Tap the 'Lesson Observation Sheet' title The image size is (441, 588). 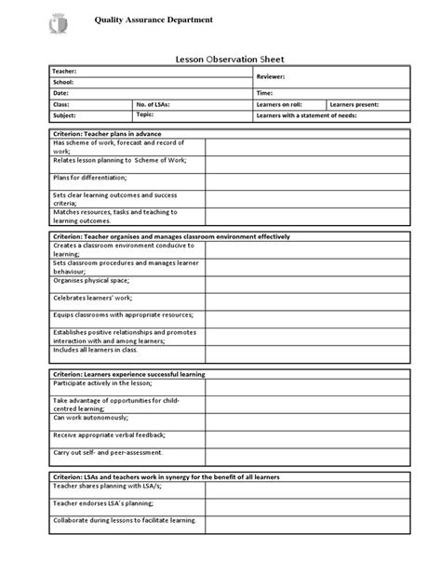coord(220,58)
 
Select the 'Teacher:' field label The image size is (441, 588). coord(66,72)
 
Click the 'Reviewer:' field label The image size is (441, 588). coord(272,77)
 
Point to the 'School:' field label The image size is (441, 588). coord(63,82)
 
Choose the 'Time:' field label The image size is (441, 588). coord(265,94)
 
